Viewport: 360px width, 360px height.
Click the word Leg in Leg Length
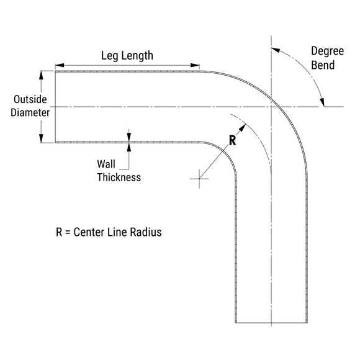tap(109, 56)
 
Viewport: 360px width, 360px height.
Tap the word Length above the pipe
tap(137, 56)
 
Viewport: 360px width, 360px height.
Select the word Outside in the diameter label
tap(30, 99)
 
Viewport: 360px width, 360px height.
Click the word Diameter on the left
tap(30, 113)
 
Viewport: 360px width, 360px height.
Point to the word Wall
tap(106, 164)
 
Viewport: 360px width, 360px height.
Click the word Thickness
tap(119, 178)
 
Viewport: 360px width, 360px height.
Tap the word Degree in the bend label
tap(327, 52)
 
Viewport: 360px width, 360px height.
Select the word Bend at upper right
tap(323, 65)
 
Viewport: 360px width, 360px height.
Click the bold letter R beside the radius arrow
tap(232, 140)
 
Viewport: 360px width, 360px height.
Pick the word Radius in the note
tap(146, 232)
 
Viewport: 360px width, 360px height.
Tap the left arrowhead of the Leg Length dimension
tap(60, 65)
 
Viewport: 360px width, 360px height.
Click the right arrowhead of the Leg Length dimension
tap(195, 65)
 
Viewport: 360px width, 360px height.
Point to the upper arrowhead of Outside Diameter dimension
tap(41, 75)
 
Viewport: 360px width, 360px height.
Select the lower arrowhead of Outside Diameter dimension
tap(41, 138)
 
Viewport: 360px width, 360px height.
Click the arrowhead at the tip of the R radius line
tap(243, 127)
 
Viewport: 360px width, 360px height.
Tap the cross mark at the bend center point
tap(199, 179)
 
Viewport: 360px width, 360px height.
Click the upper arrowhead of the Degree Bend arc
tap(276, 50)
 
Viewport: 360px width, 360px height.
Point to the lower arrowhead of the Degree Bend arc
tap(322, 102)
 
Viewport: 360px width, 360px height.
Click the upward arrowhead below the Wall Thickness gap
tap(129, 147)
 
